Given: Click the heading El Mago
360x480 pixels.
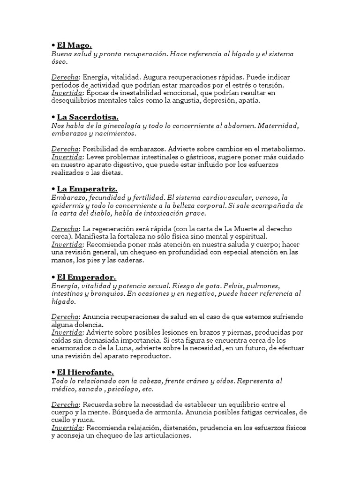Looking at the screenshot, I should (x=74, y=45).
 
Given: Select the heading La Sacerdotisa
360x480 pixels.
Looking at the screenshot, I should (x=88, y=117).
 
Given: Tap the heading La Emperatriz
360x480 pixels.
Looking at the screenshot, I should (x=87, y=189).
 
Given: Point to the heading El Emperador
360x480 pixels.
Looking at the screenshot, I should (x=86, y=277).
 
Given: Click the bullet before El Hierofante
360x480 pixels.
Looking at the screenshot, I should (x=53, y=372).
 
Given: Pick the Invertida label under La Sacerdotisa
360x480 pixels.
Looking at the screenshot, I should (x=67, y=157).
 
